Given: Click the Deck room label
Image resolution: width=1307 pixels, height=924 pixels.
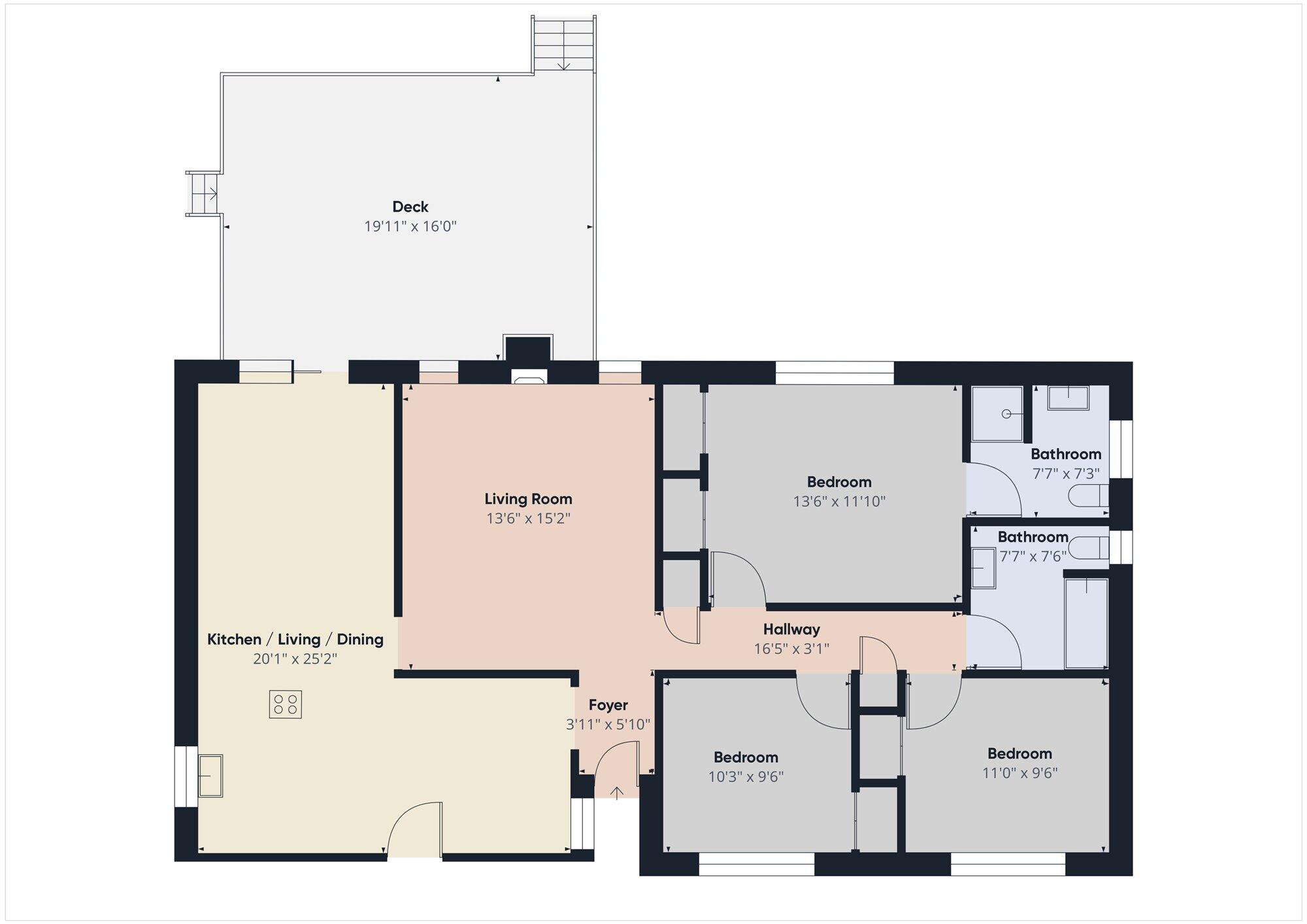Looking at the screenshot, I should point(410,206).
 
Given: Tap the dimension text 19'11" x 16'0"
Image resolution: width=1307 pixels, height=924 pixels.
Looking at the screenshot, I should point(410,227).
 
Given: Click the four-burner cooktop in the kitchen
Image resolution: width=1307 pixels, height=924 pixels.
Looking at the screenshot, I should point(286,704).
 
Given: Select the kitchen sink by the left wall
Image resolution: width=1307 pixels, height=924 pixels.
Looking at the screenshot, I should point(210,776).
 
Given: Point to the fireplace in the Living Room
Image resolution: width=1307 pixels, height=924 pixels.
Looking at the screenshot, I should point(529,376).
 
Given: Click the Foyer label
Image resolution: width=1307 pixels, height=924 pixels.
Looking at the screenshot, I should point(608,705).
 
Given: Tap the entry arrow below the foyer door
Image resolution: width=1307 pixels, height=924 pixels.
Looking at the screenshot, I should point(616,793).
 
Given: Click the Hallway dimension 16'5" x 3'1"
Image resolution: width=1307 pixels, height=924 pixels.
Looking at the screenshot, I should point(791,649).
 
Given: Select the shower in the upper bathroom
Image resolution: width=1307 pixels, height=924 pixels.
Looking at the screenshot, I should point(997,414).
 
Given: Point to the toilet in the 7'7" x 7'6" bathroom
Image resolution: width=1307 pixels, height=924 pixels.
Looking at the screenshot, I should point(1091,548).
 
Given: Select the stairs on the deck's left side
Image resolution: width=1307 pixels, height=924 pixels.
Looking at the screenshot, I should point(204,194).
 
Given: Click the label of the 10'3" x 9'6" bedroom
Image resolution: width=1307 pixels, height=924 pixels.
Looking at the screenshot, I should point(746,757).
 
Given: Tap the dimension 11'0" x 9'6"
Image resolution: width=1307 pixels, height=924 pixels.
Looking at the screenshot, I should point(1019,773).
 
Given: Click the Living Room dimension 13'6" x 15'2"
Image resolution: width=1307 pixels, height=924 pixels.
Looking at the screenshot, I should point(528,519).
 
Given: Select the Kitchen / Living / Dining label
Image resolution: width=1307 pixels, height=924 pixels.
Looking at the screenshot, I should point(295,639).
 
